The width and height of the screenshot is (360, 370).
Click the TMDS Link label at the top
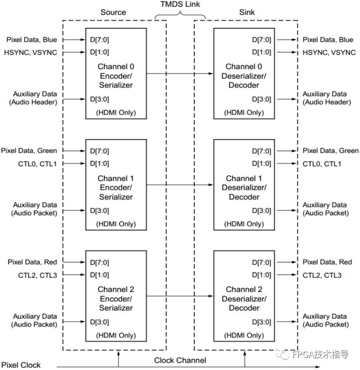pos(180,4)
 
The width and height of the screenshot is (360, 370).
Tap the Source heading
pos(113,12)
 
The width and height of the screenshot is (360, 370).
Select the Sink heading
pos(247,12)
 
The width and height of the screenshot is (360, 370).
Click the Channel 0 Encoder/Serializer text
pos(116,76)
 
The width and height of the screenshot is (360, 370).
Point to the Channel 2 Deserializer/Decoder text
pos(244,299)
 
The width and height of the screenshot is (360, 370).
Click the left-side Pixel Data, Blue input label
pos(32,40)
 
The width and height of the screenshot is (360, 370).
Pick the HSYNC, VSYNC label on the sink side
pos(329,52)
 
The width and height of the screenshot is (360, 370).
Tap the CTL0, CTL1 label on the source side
pos(37,164)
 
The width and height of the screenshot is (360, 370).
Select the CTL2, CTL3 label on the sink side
pos(322,275)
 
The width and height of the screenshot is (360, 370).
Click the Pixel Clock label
pos(21,365)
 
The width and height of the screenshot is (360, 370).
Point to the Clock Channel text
pos(180,360)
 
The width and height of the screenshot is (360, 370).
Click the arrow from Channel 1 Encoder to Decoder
pos(180,185)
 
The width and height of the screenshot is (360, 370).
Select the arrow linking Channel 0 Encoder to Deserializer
pos(180,74)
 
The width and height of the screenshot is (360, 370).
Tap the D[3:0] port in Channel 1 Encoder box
pos(100,211)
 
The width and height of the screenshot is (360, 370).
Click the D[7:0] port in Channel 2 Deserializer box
pos(261,262)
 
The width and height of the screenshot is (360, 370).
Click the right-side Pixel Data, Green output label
pos(330,151)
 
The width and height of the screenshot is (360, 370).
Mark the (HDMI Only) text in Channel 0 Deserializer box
pos(244,113)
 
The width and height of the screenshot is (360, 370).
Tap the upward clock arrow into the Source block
pos(118,359)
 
